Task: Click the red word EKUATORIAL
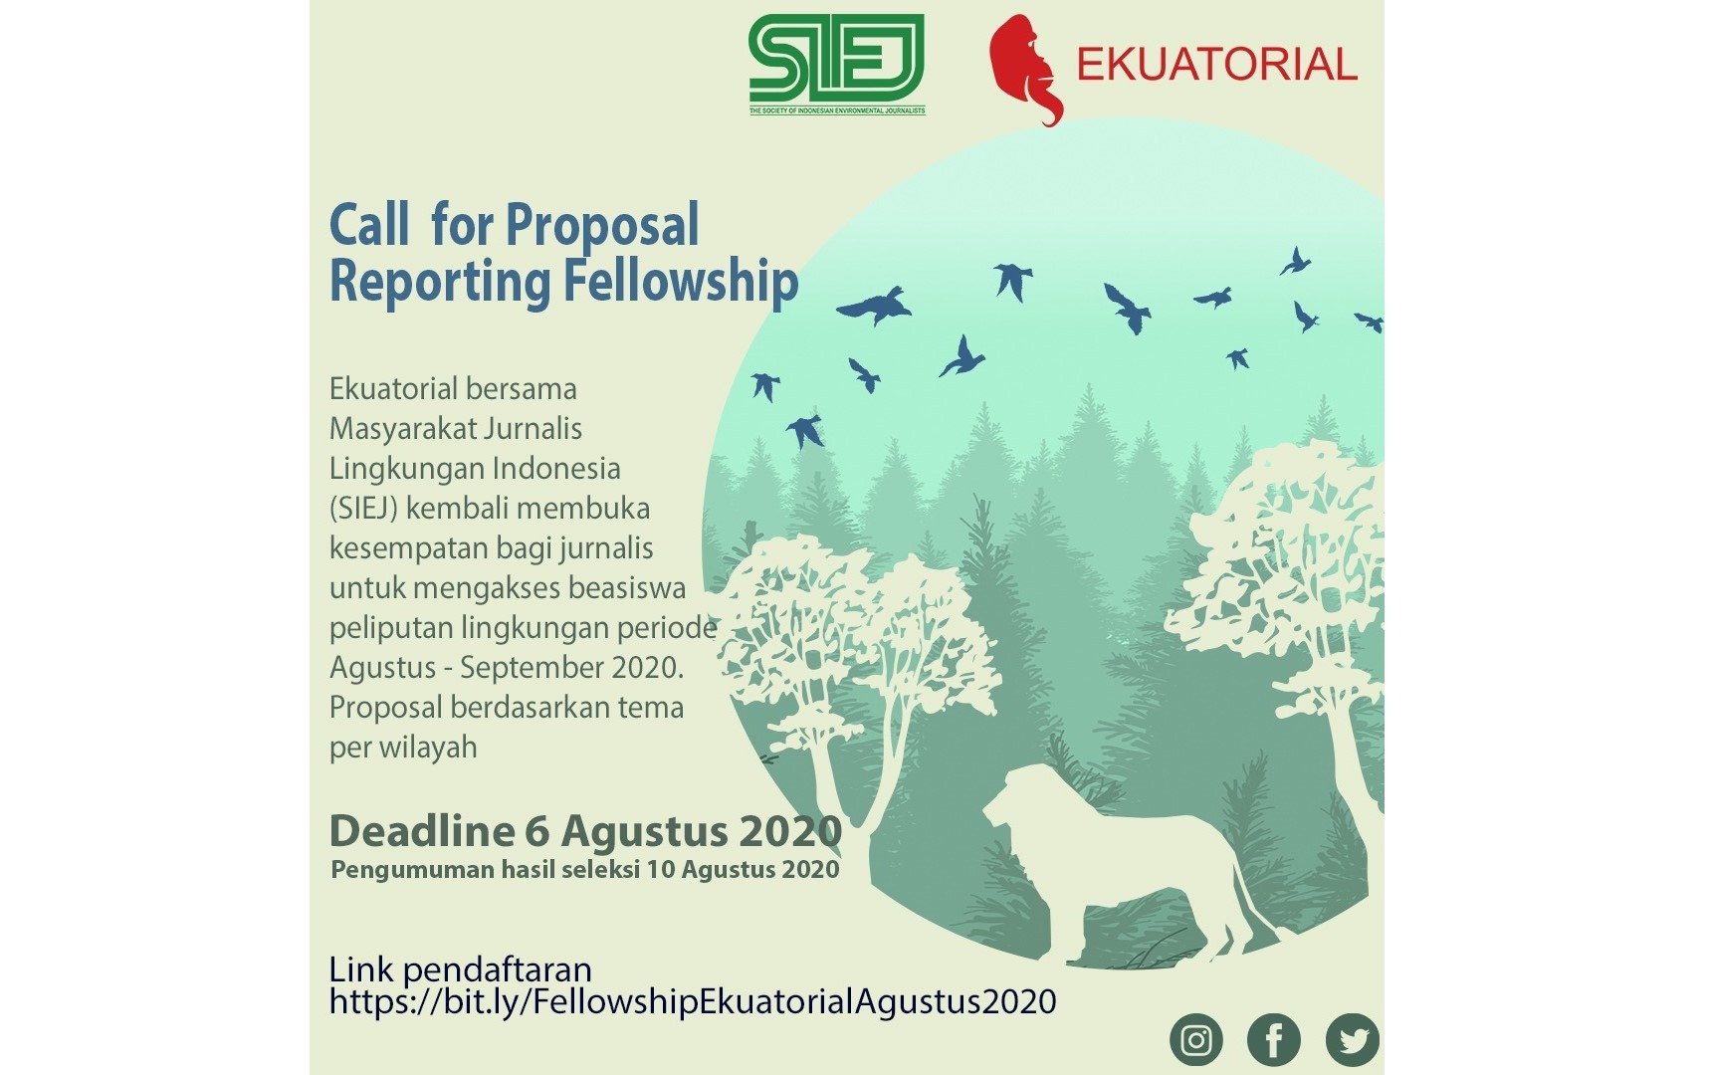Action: tap(1216, 65)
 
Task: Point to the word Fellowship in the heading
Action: tap(681, 281)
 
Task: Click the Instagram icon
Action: tap(1195, 1040)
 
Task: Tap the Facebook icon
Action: tap(1274, 1040)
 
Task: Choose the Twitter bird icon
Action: tap(1353, 1040)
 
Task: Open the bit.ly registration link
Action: tap(693, 1001)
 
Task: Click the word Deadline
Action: tap(422, 830)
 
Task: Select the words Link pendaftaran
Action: tap(461, 968)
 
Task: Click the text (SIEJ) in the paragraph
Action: tap(363, 508)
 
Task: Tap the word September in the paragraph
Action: tap(529, 668)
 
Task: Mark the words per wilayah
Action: tap(403, 748)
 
